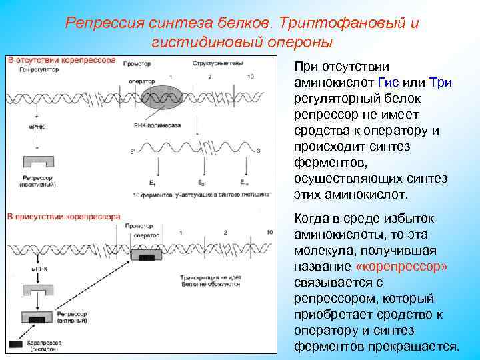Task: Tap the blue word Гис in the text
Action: click(x=389, y=83)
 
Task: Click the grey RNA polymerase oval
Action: click(x=170, y=99)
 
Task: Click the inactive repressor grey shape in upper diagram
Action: click(x=39, y=163)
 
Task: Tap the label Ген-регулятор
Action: click(x=33, y=69)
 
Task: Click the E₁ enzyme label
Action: click(x=153, y=182)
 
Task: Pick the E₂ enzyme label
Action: click(x=201, y=182)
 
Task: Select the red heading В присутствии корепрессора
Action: click(x=64, y=217)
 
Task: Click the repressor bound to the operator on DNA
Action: click(x=147, y=255)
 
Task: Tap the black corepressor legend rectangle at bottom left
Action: click(x=15, y=344)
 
